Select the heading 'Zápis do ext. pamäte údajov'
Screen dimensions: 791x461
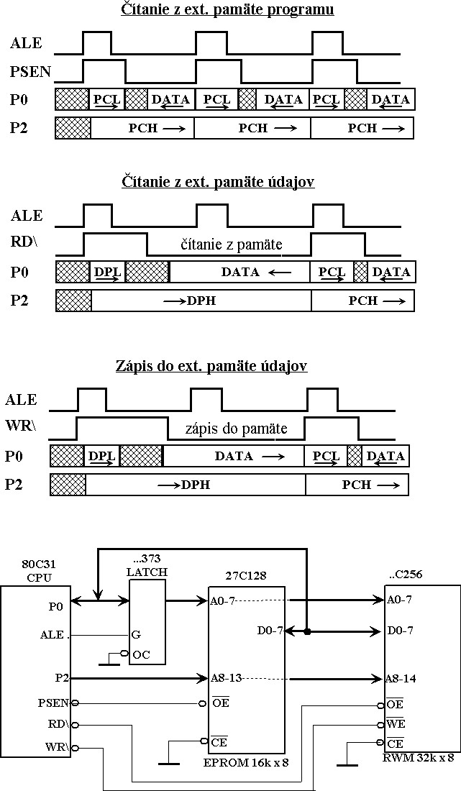pyautogui.click(x=211, y=366)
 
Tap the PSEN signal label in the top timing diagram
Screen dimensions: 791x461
pyautogui.click(x=27, y=71)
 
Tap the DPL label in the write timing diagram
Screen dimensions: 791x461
pyautogui.click(x=101, y=456)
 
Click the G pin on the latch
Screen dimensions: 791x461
pyautogui.click(x=136, y=636)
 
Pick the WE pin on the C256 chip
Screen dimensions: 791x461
pyautogui.click(x=396, y=723)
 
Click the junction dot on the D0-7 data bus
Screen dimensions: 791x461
pyautogui.click(x=306, y=632)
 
